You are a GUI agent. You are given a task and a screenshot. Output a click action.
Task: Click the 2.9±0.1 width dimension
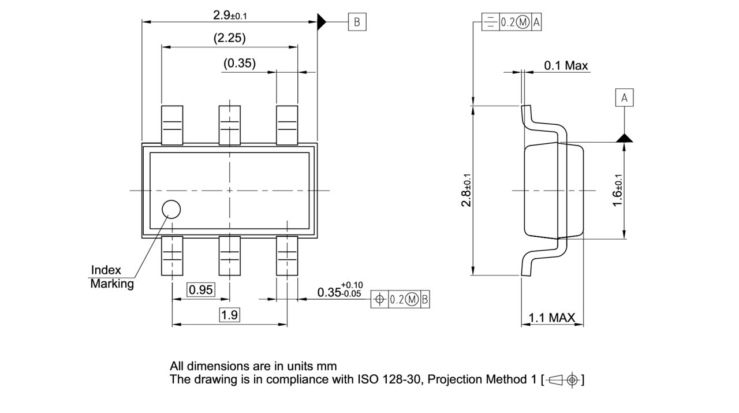coord(229,15)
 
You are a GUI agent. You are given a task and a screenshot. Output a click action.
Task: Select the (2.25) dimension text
coord(229,38)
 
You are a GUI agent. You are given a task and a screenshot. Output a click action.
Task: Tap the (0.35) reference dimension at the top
coord(240,63)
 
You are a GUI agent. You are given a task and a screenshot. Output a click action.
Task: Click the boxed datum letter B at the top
coord(357,22)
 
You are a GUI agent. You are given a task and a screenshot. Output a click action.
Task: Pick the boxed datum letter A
coord(624,98)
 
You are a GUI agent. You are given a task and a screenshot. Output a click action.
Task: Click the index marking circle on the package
coord(171,210)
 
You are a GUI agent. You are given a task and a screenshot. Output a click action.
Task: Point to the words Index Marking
coord(111,277)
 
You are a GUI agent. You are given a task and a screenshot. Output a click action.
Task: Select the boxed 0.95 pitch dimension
coord(201,290)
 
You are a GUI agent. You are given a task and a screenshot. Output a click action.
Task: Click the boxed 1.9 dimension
coord(229,315)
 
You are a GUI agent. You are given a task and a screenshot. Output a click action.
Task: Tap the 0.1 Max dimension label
coord(566,65)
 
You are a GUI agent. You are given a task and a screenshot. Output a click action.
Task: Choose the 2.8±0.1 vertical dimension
coord(466,191)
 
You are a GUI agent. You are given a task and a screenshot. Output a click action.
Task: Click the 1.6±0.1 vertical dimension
coord(617,191)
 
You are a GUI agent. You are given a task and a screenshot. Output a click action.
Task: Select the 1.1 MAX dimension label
coord(552,317)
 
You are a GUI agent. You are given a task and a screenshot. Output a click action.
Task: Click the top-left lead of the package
coord(172,125)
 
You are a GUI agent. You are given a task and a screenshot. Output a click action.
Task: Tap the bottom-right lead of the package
coord(287,255)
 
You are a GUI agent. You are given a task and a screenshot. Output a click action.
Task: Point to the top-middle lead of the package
coord(229,125)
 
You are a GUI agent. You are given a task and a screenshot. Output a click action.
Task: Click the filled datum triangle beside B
coord(322,22)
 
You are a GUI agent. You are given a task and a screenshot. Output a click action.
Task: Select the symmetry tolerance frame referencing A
coord(512,22)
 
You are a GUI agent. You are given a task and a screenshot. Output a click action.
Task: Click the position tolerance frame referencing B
coord(400,299)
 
